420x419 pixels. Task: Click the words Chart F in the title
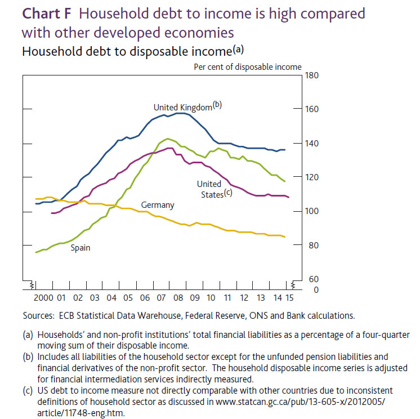pyautogui.click(x=47, y=14)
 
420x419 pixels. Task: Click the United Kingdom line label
pyautogui.click(x=187, y=106)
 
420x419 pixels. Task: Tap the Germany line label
pyautogui.click(x=158, y=205)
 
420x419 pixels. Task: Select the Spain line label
pyautogui.click(x=81, y=248)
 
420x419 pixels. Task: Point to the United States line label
pyautogui.click(x=215, y=189)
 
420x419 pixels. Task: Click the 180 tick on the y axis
pyautogui.click(x=312, y=75)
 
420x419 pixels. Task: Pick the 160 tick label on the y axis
pyautogui.click(x=312, y=109)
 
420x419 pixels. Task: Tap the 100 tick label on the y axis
pyautogui.click(x=312, y=211)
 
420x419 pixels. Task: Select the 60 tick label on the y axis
pyautogui.click(x=314, y=279)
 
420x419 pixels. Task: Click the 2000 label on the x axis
pyautogui.click(x=43, y=298)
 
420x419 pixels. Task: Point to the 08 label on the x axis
pyautogui.click(x=178, y=298)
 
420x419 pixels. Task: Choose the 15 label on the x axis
pyautogui.click(x=289, y=298)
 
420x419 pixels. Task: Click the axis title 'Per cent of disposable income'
pyautogui.click(x=248, y=67)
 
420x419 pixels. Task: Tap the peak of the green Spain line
pyautogui.click(x=168, y=139)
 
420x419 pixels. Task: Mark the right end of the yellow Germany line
pyautogui.click(x=285, y=237)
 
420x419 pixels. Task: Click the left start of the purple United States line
pyautogui.click(x=51, y=213)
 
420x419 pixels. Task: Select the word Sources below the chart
pyautogui.click(x=39, y=315)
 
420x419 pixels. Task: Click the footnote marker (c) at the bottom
pyautogui.click(x=28, y=391)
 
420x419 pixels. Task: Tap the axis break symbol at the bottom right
pyautogui.click(x=293, y=285)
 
